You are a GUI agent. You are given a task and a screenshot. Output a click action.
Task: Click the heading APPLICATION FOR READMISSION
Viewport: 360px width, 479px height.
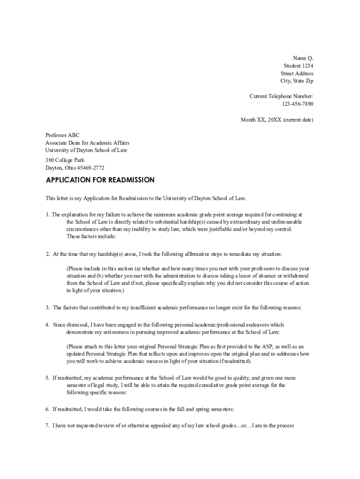point(100,180)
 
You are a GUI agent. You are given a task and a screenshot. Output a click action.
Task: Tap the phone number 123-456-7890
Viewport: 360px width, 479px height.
point(298,104)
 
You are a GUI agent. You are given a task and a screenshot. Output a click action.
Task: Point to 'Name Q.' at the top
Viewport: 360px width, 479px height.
point(303,58)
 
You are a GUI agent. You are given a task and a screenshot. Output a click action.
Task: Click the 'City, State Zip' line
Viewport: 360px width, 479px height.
point(297,81)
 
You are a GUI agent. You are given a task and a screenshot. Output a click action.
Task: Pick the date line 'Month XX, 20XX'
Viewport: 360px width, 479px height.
point(277,120)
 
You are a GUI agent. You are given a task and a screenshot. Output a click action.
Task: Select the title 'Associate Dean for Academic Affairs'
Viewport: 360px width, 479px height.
point(87,143)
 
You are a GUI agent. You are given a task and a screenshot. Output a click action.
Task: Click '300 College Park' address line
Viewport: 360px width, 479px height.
point(65,160)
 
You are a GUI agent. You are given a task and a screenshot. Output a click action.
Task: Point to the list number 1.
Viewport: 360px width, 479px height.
point(47,215)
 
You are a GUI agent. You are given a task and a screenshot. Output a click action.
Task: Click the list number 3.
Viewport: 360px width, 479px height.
point(47,308)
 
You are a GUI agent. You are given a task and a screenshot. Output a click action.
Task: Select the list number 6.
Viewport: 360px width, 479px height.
point(47,409)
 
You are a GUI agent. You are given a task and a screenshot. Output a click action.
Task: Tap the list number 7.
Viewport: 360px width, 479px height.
point(47,426)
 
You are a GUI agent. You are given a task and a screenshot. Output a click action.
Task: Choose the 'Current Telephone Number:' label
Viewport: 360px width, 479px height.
point(281,96)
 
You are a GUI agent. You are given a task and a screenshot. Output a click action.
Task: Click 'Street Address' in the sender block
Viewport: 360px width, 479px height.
point(297,73)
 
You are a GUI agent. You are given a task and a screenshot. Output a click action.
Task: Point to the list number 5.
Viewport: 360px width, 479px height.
point(47,377)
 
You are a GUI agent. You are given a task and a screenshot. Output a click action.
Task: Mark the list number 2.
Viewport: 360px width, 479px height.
point(47,254)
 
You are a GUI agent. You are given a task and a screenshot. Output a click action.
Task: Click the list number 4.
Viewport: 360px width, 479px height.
point(47,325)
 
